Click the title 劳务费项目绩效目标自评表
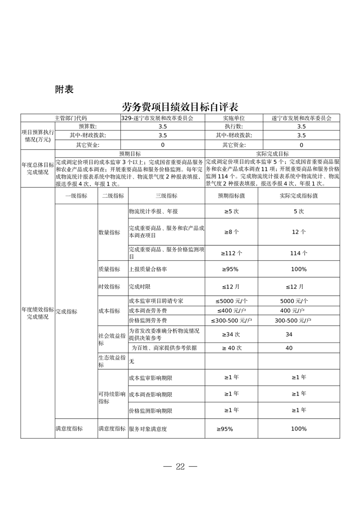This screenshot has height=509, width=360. pos(180,107)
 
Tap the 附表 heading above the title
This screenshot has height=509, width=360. pos(64,89)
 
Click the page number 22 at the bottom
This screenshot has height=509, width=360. pos(180,467)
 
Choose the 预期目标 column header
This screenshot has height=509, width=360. pos(130,154)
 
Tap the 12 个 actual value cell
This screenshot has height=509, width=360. pos(299,232)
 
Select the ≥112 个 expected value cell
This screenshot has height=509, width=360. pos(232,253)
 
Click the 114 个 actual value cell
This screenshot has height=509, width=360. pos(299,253)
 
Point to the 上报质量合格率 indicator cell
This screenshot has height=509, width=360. pos(148,269)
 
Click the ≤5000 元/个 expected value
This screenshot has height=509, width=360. pos(232,301)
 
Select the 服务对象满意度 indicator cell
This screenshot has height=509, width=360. pos(148,429)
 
